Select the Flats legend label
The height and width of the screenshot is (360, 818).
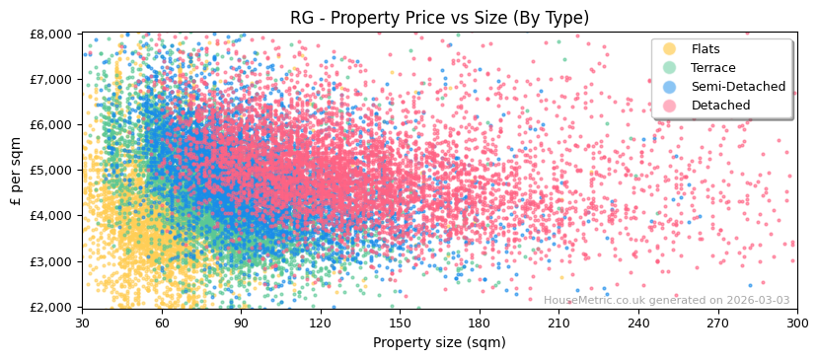coord(706,49)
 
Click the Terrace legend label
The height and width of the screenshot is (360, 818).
coord(712,68)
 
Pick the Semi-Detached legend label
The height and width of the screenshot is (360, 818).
coord(738,87)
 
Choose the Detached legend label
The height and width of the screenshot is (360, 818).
coord(720,106)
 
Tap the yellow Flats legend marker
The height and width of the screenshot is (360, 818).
coord(670,49)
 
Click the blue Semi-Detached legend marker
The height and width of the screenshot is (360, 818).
coord(670,87)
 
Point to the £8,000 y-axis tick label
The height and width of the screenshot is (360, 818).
coord(51,34)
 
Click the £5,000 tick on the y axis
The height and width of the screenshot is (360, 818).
coord(51,171)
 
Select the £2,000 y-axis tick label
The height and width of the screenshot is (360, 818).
coord(51,308)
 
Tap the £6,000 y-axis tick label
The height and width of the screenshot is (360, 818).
coord(51,125)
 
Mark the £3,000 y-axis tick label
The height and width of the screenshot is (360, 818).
coord(51,261)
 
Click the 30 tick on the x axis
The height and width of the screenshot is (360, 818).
coord(82,324)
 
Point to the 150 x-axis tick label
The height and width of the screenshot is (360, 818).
coord(400,324)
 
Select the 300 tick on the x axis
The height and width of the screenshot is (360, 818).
coord(796,324)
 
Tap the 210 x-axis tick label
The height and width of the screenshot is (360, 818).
coord(558,324)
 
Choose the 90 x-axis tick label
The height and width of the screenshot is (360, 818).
coord(241,324)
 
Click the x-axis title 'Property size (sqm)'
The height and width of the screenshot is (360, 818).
coord(439,343)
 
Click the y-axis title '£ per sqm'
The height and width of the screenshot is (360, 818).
coord(17,171)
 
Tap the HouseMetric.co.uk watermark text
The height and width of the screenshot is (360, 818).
coord(666,301)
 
